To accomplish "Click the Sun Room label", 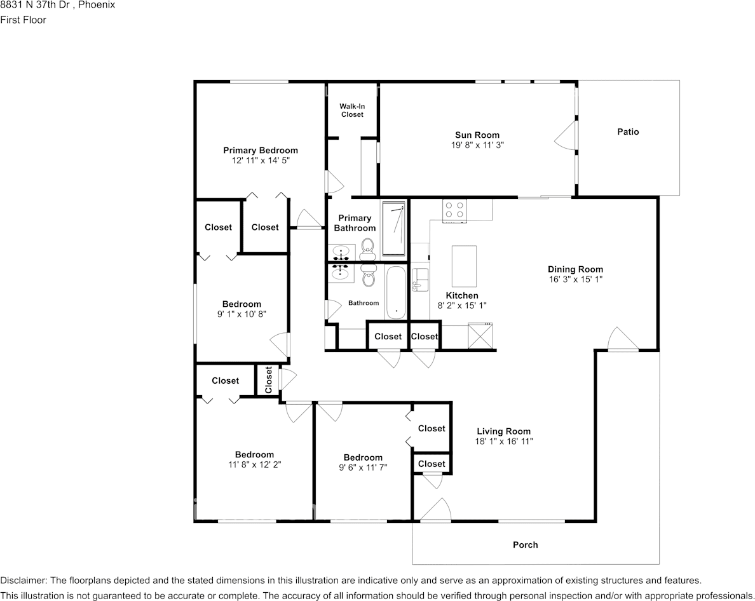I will (477, 135).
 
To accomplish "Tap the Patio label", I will (628, 132).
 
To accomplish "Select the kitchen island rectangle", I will (464, 266).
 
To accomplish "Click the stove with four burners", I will (454, 210).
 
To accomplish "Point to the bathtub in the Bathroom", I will (395, 292).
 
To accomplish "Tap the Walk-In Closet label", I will (352, 111).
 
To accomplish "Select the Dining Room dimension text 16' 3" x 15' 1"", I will (575, 279).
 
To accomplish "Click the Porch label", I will (525, 544).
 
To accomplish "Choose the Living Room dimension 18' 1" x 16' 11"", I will (503, 441).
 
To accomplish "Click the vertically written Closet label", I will (269, 379).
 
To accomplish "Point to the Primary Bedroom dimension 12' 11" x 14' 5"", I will (260, 161).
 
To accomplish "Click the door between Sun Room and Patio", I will (568, 135).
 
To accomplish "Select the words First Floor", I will (23, 20).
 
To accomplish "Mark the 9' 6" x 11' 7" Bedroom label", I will (363, 457).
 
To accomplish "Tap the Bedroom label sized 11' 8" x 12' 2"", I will (254, 454).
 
